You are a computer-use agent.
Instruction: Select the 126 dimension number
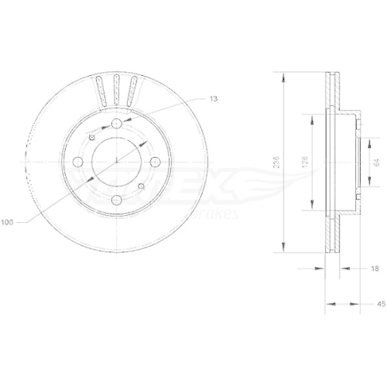(307, 163)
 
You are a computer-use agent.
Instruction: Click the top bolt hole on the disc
(116, 125)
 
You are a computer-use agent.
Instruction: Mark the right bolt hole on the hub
(154, 162)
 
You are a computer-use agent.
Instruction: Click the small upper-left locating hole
(92, 136)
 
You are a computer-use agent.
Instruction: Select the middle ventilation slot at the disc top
(116, 92)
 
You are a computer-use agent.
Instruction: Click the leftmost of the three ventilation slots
(100, 94)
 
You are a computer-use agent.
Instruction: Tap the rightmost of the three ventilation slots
(132, 94)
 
